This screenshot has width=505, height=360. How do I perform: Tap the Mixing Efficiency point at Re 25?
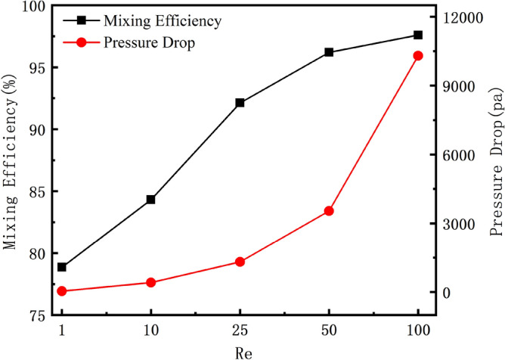click(240, 102)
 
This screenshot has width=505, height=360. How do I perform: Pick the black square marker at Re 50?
click(329, 52)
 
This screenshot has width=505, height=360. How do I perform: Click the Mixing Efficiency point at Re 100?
click(418, 35)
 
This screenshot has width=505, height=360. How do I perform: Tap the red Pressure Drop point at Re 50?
click(329, 211)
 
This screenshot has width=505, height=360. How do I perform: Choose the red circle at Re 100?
click(418, 56)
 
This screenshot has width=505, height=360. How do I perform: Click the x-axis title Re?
click(240, 352)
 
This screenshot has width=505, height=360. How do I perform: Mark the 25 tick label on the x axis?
click(240, 331)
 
